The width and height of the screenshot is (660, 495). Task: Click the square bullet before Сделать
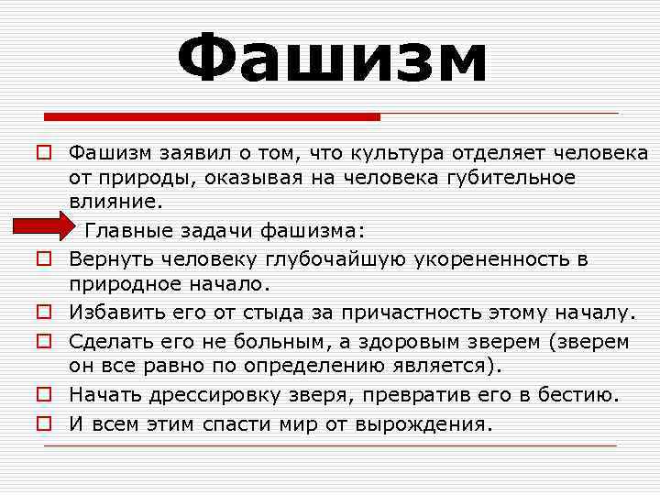42,342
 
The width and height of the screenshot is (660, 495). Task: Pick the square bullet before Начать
42,396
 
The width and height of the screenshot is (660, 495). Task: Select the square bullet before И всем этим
42,424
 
